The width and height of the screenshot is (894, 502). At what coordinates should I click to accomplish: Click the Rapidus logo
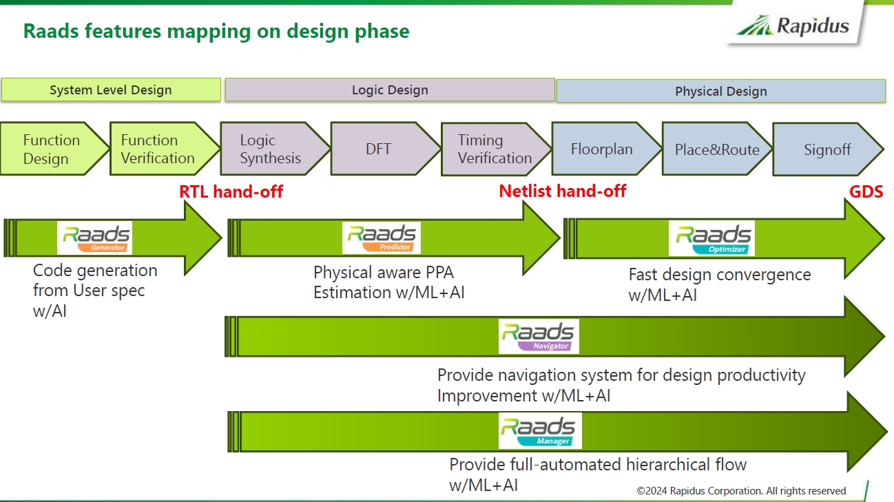pos(793,26)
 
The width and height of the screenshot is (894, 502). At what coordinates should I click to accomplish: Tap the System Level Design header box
pos(111,90)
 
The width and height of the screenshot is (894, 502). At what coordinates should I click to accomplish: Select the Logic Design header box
pos(390,90)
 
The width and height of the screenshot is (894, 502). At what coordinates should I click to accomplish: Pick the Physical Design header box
pos(720,91)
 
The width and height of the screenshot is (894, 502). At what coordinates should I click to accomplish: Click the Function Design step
pos(52,149)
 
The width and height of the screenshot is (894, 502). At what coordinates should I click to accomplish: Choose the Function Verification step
pos(158,149)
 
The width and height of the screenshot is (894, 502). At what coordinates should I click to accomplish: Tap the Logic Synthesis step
pos(270,149)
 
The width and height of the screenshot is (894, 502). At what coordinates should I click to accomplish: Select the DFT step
pos(379,149)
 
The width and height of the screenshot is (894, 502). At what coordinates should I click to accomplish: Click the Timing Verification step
pos(495,149)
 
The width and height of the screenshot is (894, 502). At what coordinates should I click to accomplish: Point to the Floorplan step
pos(601,149)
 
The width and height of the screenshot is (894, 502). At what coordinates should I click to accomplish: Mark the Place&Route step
pos(716,149)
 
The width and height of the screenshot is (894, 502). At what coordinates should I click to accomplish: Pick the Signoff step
pos(827,149)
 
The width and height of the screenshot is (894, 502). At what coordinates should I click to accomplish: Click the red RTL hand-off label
pos(231,191)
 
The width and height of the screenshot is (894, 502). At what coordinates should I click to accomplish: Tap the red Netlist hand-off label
pos(562,191)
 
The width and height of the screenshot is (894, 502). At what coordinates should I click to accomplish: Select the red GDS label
pos(866,191)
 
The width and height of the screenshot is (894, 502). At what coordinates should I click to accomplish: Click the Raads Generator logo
pos(95,238)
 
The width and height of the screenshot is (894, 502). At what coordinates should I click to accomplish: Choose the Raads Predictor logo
pos(381,238)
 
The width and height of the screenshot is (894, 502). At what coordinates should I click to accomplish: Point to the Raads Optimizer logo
pos(711,238)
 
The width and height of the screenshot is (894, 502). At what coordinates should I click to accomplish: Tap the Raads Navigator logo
pos(539,337)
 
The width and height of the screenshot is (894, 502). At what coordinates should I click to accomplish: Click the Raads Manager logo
pos(540,431)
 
